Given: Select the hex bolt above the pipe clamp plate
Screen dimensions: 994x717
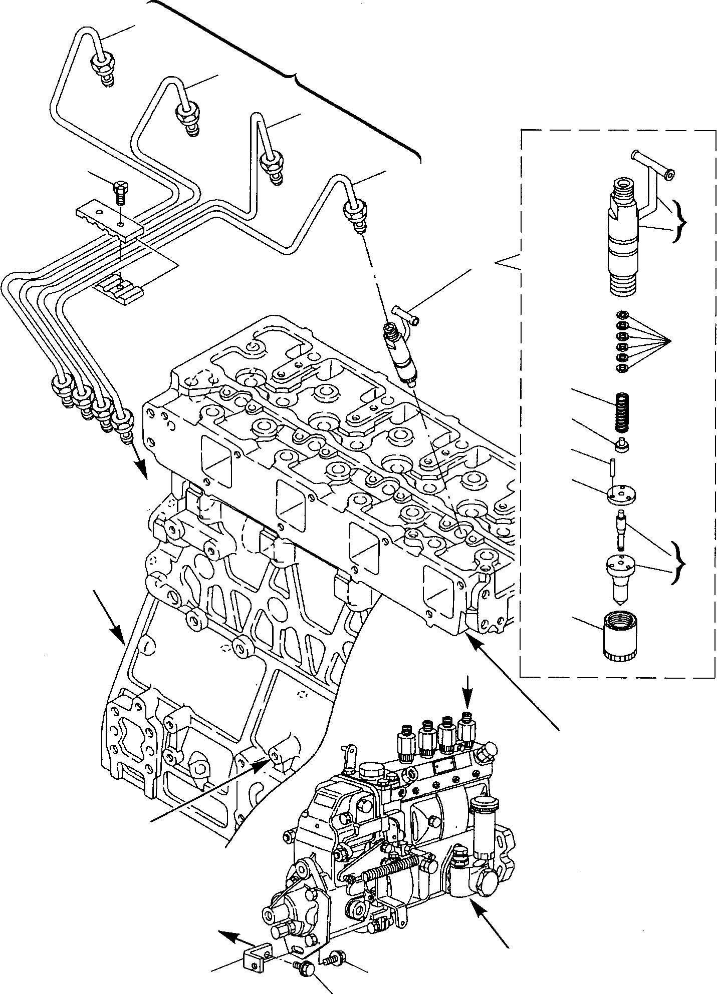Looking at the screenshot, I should point(121,192).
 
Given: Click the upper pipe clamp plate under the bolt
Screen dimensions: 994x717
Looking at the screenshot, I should point(109,219).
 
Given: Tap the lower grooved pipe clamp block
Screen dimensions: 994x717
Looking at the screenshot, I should point(118,289).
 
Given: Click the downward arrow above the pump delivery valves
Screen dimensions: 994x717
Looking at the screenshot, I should point(467,693).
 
